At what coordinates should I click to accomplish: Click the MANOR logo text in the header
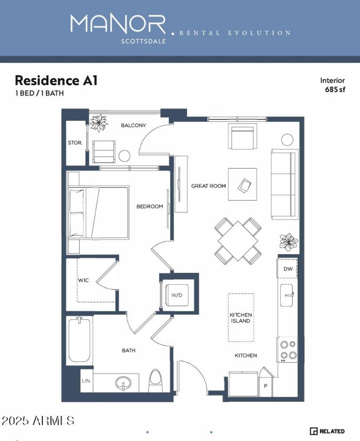point(118,25)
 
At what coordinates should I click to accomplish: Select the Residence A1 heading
point(56,81)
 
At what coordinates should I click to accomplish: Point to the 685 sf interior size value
point(335,89)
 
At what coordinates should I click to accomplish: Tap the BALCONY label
point(133,125)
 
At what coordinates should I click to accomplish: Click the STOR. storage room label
point(75,143)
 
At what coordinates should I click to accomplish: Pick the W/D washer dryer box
point(177,296)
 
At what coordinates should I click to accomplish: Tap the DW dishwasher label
point(288,269)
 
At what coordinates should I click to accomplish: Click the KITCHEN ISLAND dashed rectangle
point(241,317)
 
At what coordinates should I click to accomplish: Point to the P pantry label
point(265,386)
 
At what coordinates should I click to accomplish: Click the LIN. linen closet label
point(86,381)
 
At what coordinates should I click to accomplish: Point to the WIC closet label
point(83,280)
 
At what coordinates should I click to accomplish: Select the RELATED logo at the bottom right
point(327,431)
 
